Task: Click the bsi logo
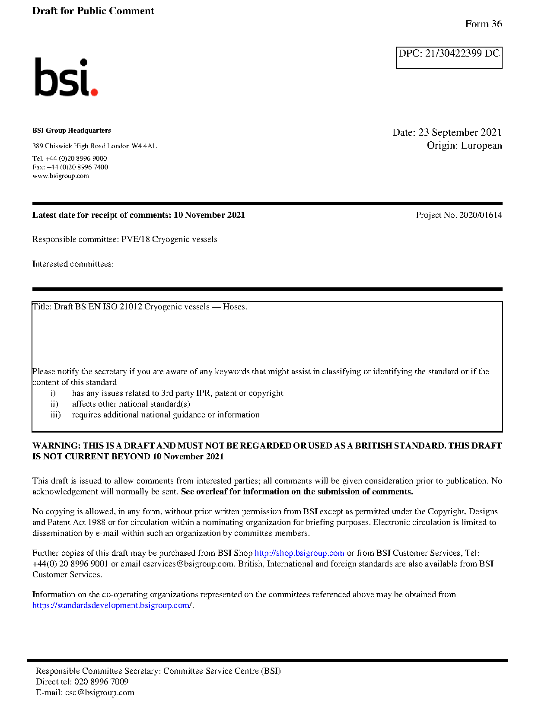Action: point(66,77)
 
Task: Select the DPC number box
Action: point(449,57)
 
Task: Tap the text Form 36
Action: point(483,24)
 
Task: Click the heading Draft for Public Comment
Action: point(93,11)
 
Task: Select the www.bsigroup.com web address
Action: point(61,176)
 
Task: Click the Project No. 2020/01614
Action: point(459,215)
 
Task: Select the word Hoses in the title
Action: point(234,307)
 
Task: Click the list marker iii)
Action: point(56,415)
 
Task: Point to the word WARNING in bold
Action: point(56,446)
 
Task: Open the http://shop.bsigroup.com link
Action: point(299,553)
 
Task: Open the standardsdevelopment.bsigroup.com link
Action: point(111,605)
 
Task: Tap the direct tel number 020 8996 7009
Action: point(101,682)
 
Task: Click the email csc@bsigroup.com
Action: point(99,693)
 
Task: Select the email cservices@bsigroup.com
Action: point(188,564)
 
